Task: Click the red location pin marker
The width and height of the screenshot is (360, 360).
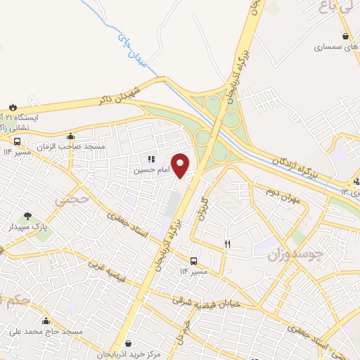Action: pos(181,165)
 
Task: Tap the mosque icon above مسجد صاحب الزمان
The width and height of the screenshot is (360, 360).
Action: pos(69,136)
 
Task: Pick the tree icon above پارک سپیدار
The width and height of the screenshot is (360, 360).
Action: pos(27,216)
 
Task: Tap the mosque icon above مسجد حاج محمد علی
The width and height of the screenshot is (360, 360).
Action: pos(46,321)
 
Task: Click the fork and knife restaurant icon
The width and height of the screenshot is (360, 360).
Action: pos(226,244)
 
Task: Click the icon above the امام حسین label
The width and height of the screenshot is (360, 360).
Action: pos(151,160)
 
